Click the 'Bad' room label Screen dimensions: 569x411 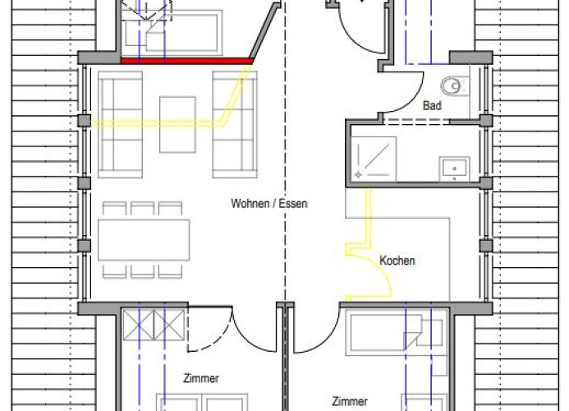[x=432, y=106]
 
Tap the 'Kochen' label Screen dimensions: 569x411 [x=397, y=261]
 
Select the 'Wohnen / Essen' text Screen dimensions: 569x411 [x=268, y=204]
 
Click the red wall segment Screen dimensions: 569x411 [x=186, y=61]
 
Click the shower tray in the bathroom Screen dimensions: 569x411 [x=374, y=159]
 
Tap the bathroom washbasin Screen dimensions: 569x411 [x=454, y=169]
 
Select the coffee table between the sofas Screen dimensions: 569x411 [x=177, y=125]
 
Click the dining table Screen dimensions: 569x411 [x=144, y=240]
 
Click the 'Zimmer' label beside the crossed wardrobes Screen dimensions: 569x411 [x=201, y=378]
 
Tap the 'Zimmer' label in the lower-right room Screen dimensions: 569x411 [x=350, y=402]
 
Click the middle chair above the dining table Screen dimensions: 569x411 [x=142, y=209]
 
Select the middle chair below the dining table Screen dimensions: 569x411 [x=142, y=271]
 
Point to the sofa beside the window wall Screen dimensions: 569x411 [x=120, y=125]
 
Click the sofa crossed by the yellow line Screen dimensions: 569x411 [x=235, y=125]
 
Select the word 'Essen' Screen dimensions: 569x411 [x=293, y=204]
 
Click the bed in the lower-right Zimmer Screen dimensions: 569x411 [x=397, y=333]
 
